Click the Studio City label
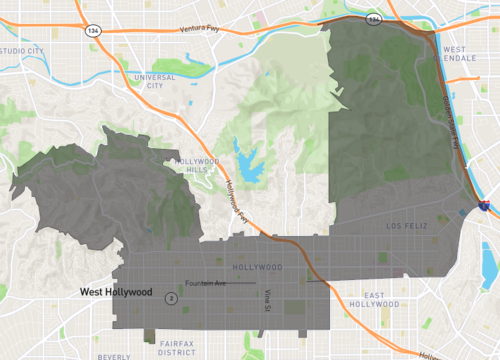(x=22, y=49)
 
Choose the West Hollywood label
(x=116, y=292)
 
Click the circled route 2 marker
(x=171, y=297)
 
